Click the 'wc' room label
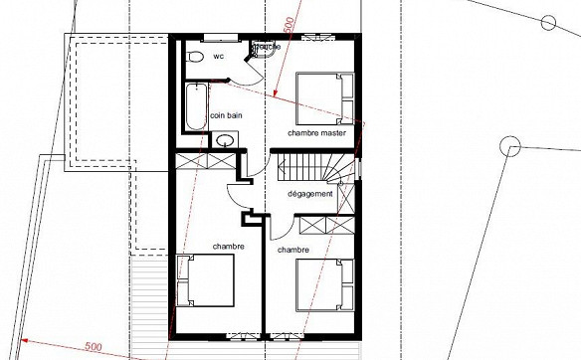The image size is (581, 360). pyautogui.click(x=218, y=57)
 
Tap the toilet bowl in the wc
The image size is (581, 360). pyautogui.click(x=194, y=55)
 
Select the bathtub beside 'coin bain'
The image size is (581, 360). pyautogui.click(x=195, y=107)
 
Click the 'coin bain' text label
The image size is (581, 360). pyautogui.click(x=227, y=116)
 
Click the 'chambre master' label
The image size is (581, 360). pyautogui.click(x=317, y=132)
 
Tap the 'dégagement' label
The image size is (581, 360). pyautogui.click(x=310, y=194)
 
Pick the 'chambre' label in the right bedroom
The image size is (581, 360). pyautogui.click(x=293, y=250)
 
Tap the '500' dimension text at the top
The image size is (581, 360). pyautogui.click(x=289, y=25)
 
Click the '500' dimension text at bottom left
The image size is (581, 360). pyautogui.click(x=93, y=346)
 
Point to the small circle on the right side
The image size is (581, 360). pyautogui.click(x=511, y=148)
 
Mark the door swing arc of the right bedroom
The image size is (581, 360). pyautogui.click(x=282, y=227)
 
